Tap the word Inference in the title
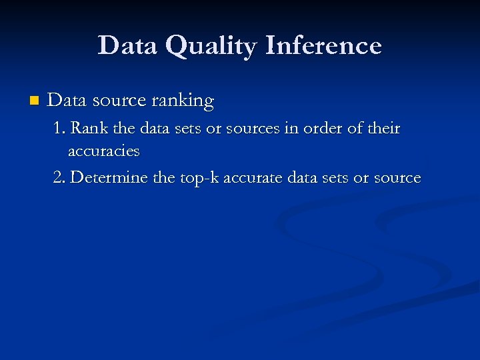coord(323,46)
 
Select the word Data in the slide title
coord(127,46)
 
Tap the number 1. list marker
coord(59,128)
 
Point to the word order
coord(323,128)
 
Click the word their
coord(383,128)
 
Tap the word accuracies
coord(103,151)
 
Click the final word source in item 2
coord(399,179)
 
